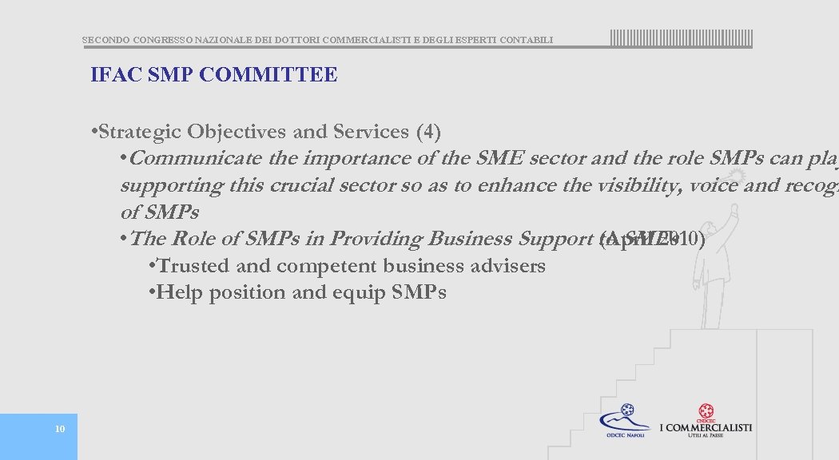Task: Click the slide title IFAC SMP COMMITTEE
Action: point(213,75)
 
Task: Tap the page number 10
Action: point(59,430)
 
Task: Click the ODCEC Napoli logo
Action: point(626,421)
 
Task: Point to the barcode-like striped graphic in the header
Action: point(681,38)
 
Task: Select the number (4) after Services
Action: point(428,131)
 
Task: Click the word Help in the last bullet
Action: point(178,292)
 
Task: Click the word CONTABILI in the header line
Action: point(525,40)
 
